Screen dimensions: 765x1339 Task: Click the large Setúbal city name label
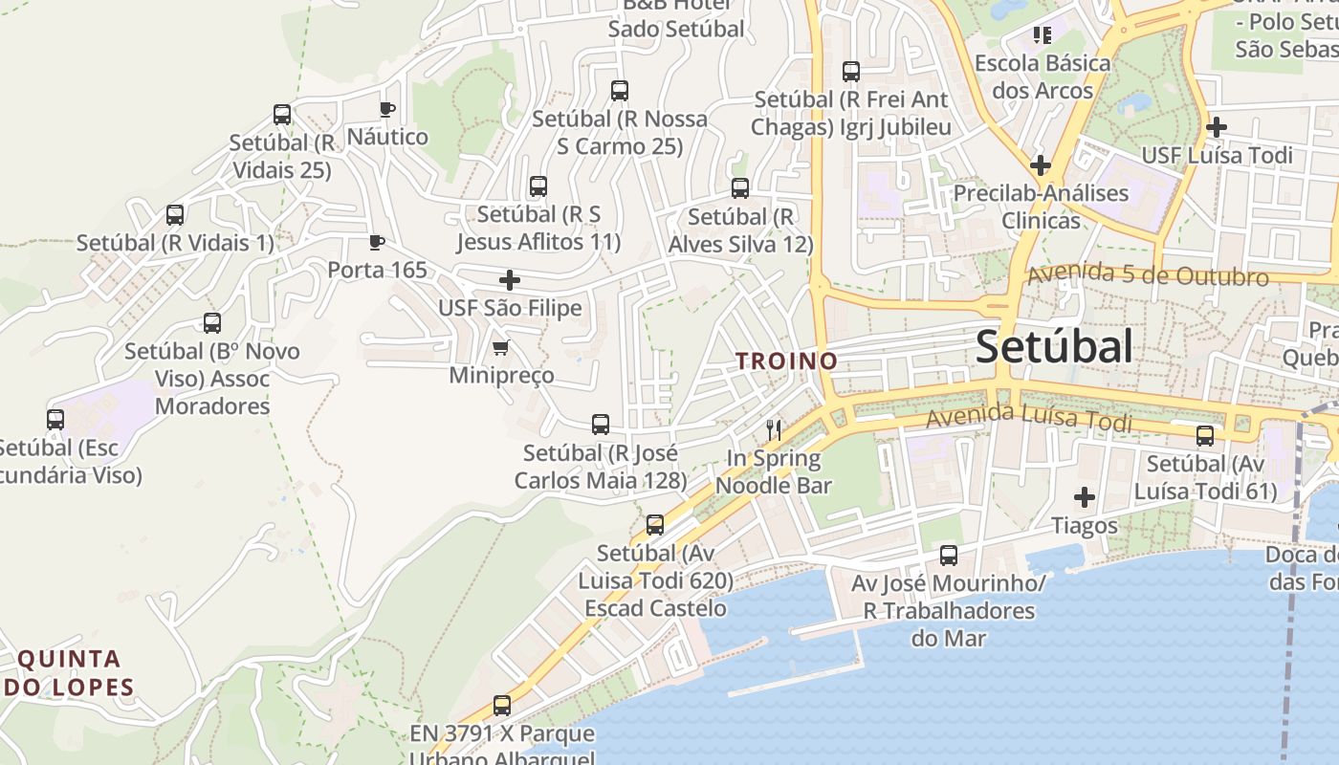[x=1054, y=347]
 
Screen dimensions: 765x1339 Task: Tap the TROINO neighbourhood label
[x=786, y=361]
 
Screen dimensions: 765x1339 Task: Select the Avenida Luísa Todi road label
[x=1028, y=417]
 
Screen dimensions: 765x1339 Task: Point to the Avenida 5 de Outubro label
[x=1148, y=276]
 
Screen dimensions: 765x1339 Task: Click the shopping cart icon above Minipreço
[x=500, y=347]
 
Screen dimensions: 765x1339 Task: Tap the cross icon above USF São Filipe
[x=510, y=280]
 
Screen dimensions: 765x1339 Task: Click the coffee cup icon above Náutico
[x=386, y=109]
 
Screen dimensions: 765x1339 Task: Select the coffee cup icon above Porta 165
[x=377, y=242]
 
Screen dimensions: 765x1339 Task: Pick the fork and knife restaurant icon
[x=774, y=430]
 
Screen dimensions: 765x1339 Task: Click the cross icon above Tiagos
[x=1084, y=497]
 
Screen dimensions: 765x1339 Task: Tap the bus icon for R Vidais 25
[x=282, y=115]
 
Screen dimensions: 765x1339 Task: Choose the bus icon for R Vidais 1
[x=175, y=215]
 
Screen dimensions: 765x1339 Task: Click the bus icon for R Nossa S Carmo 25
[x=620, y=91]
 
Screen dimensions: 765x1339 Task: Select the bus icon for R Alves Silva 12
[x=740, y=188]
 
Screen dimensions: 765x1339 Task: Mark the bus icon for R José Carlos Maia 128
[x=601, y=425]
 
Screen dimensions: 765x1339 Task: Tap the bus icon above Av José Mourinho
[x=949, y=556]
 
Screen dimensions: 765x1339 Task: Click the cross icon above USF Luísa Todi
[x=1216, y=127]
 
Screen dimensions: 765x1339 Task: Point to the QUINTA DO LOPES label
[x=69, y=672]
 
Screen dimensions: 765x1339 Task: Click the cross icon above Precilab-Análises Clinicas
[x=1040, y=165]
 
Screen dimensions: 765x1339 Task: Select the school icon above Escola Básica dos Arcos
[x=1043, y=35]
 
